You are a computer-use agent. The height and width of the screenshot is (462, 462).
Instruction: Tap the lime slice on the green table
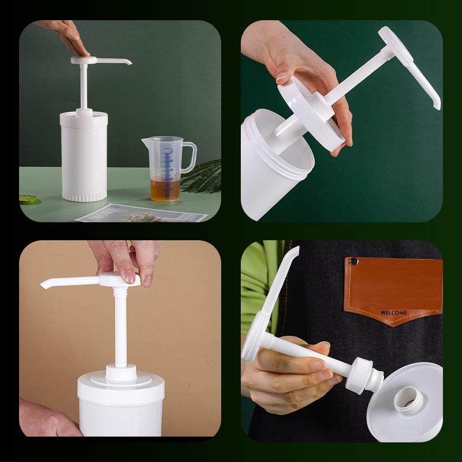click(28, 199)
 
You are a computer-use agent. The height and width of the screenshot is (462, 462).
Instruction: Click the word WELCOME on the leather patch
click(393, 312)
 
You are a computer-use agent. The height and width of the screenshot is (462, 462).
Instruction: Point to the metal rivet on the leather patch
click(355, 262)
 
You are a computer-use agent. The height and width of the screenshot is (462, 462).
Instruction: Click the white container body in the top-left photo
click(84, 156)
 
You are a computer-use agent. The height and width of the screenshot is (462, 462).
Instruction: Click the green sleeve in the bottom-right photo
click(257, 289)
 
